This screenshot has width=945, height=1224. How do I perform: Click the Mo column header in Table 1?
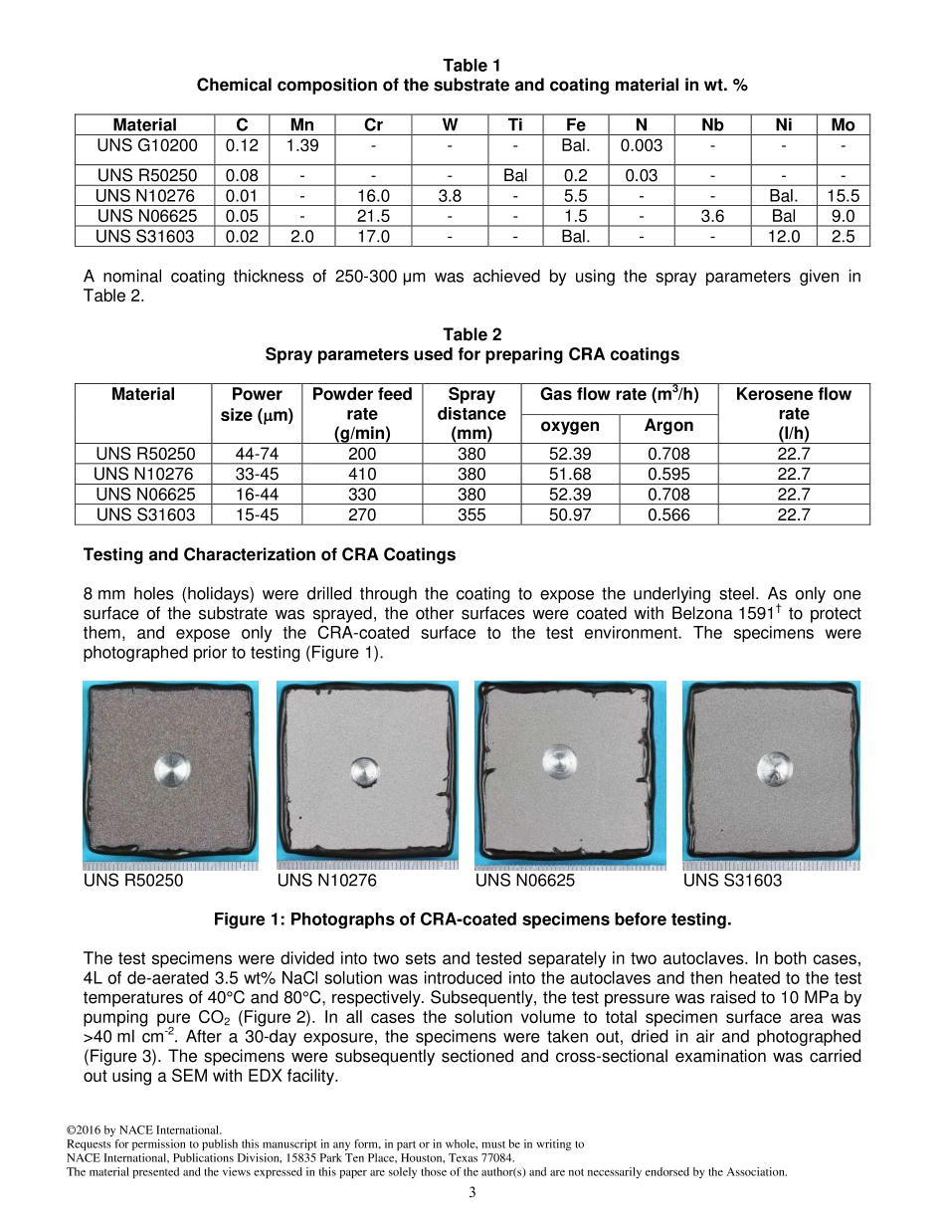(843, 124)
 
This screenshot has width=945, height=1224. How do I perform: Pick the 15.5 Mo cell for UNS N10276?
(843, 196)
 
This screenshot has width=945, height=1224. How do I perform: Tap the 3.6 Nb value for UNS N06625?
(712, 216)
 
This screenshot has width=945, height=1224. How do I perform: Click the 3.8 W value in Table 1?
(450, 196)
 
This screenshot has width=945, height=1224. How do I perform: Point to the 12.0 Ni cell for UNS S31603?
(784, 237)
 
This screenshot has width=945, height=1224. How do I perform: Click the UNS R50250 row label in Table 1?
(146, 176)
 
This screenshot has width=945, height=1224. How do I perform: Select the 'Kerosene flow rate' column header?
(793, 413)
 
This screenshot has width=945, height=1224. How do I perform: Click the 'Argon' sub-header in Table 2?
(668, 425)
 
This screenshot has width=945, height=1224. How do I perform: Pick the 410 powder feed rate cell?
(362, 474)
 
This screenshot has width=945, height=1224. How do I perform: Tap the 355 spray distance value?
(472, 514)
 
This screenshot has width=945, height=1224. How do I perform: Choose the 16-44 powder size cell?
(257, 495)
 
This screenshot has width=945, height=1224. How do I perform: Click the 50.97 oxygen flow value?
(570, 514)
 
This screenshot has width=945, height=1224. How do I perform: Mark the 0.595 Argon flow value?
(668, 474)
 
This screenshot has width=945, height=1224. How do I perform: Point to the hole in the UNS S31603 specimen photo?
(773, 767)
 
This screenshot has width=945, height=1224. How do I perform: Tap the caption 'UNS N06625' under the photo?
(525, 881)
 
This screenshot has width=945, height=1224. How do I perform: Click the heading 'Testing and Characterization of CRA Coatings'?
(270, 554)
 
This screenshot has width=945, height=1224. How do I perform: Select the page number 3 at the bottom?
(472, 1192)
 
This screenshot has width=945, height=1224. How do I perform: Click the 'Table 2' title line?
(472, 334)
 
